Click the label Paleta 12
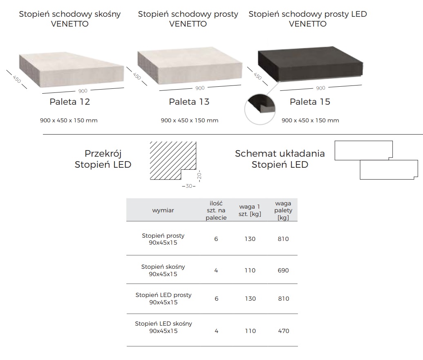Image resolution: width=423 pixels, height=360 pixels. (70, 102)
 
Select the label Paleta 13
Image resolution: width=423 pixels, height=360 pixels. (189, 102)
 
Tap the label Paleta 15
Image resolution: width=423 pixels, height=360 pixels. (310, 102)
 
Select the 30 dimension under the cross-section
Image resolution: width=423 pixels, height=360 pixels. (188, 187)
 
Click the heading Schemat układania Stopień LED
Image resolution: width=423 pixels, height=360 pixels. (280, 159)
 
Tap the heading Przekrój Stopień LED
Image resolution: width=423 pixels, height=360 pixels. (103, 159)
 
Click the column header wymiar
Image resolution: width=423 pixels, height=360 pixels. (163, 210)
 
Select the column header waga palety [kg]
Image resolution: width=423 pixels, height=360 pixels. (283, 210)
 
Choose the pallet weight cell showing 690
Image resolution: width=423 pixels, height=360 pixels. (283, 270)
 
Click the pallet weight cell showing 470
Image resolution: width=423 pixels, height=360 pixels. (283, 331)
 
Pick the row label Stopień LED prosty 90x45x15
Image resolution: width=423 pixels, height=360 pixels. (163, 299)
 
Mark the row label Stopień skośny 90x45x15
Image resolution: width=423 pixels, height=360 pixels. (163, 270)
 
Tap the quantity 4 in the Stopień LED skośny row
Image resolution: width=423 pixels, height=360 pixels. (216, 331)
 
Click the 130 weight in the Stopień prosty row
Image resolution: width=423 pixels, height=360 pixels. (250, 239)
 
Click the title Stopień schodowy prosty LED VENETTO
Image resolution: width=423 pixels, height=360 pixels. (308, 19)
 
